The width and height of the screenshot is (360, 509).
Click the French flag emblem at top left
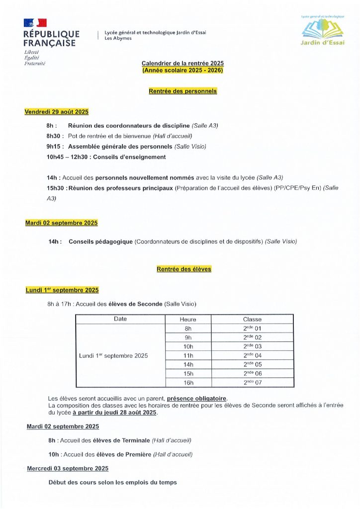[x=35, y=22]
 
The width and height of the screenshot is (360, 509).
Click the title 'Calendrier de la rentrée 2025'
[x=182, y=64]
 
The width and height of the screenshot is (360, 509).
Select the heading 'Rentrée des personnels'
[x=182, y=91]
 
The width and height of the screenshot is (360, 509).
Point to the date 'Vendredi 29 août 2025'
[x=57, y=112]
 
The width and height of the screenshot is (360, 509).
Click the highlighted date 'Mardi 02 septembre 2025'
[x=61, y=223]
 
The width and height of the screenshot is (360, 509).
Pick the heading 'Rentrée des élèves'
[x=184, y=269]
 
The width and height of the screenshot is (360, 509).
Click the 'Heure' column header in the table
[x=188, y=320]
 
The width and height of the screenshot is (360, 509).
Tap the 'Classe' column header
[x=252, y=320]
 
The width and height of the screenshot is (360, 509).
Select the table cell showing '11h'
[x=188, y=356]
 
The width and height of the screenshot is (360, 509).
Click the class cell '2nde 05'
[x=252, y=365]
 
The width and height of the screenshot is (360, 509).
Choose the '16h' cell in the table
[x=188, y=383]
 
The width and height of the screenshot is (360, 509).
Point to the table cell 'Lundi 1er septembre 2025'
[x=113, y=356]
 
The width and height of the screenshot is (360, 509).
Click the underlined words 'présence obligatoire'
[x=197, y=399]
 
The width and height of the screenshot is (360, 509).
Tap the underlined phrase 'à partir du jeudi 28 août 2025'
[x=115, y=413]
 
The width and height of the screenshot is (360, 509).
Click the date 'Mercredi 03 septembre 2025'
[x=68, y=468]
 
